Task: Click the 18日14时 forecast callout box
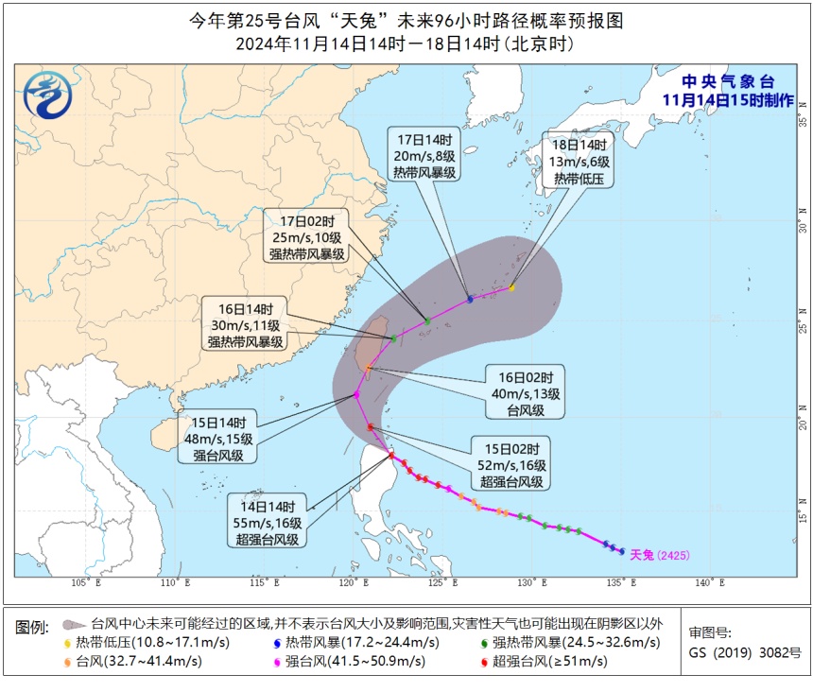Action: click(582, 161)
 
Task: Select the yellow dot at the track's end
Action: click(511, 287)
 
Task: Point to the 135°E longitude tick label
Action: click(619, 583)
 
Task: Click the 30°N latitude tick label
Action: click(803, 227)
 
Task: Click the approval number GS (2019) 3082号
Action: click(744, 652)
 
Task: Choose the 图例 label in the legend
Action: click(31, 626)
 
